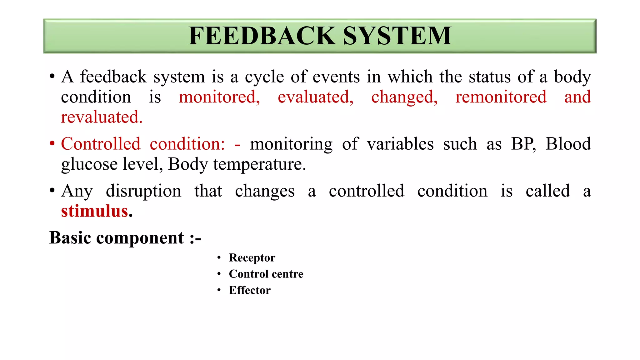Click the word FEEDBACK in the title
tap(262, 36)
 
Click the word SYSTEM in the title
tap(397, 36)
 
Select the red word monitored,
tap(219, 97)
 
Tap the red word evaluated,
tap(315, 97)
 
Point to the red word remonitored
tap(501, 97)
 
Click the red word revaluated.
tap(102, 117)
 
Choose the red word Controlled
tap(101, 144)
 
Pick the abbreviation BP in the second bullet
tap(523, 144)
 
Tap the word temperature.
tap(259, 164)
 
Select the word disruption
tap(143, 191)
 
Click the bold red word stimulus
tap(95, 211)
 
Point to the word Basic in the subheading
tap(70, 238)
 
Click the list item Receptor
tap(252, 258)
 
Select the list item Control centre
tap(266, 274)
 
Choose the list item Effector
tap(250, 290)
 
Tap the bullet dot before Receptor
tap(219, 257)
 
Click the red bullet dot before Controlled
tap(52, 144)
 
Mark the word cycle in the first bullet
tap(264, 77)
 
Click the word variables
tap(400, 144)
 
